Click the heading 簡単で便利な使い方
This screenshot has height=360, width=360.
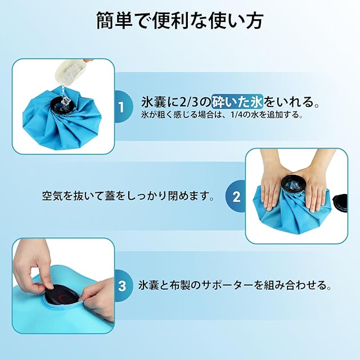180,21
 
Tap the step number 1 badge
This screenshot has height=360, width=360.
121,107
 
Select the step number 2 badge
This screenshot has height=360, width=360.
236,196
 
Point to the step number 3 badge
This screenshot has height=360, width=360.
122,286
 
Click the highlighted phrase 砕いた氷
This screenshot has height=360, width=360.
237,101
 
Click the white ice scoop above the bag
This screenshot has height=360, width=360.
69,73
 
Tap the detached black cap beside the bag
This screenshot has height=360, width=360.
341,202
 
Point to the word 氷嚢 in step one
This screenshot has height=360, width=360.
154,102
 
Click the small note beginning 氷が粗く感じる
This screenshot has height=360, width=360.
222,115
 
